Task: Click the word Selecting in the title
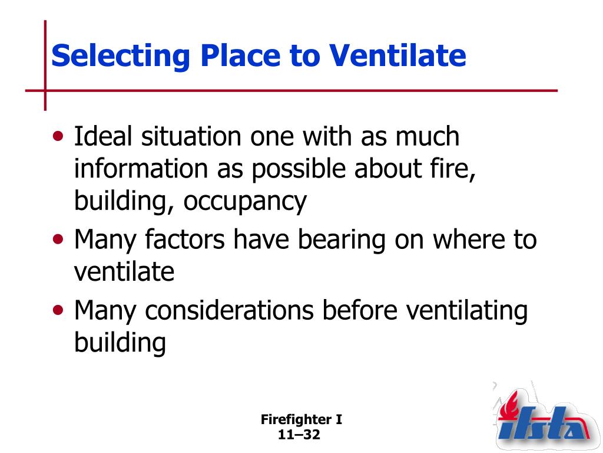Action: click(x=120, y=57)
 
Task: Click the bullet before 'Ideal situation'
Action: click(x=58, y=136)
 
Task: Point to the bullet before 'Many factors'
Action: click(x=58, y=239)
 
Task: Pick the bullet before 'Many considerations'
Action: click(x=58, y=310)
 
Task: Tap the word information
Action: click(x=141, y=168)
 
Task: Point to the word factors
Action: click(x=184, y=239)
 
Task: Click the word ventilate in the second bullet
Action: click(x=124, y=271)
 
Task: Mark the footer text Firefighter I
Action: click(x=301, y=419)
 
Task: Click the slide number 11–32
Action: click(x=299, y=435)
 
